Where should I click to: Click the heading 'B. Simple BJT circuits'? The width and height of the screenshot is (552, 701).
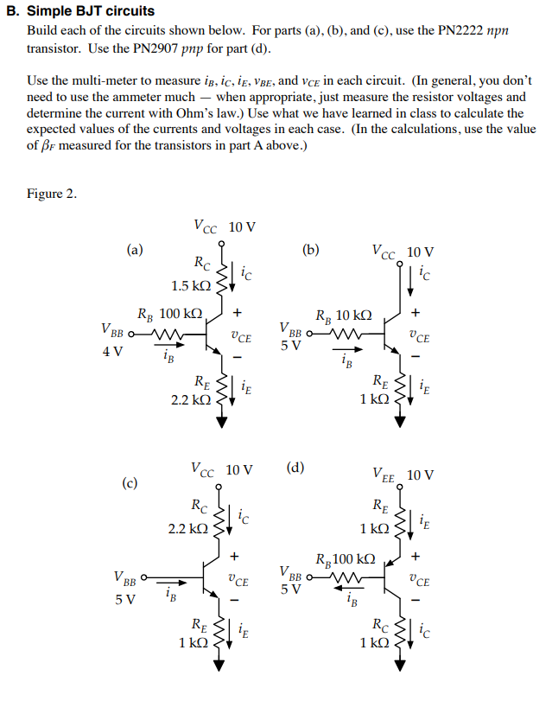(79, 11)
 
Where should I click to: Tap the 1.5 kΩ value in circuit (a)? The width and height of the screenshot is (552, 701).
(190, 286)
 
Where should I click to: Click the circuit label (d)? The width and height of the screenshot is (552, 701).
(295, 468)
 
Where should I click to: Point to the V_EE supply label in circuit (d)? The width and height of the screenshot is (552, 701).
(384, 475)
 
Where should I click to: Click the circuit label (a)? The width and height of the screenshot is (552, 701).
(134, 250)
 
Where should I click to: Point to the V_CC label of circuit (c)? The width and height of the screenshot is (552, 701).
(204, 470)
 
